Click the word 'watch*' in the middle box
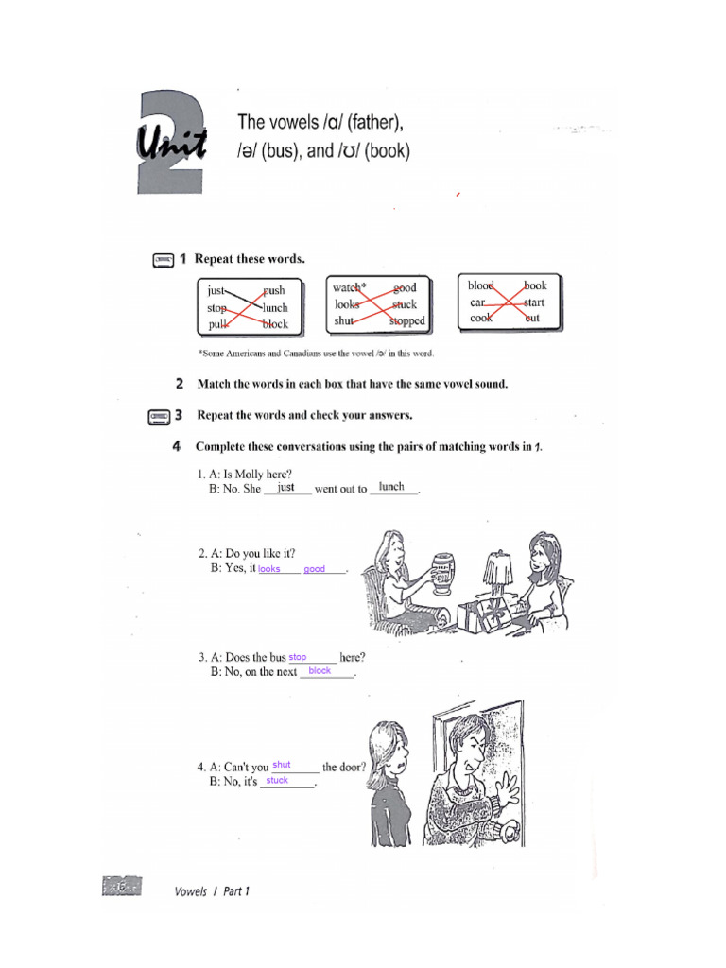click(x=349, y=287)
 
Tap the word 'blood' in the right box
click(x=481, y=285)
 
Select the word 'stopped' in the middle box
click(x=407, y=321)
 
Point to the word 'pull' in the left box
click(x=218, y=324)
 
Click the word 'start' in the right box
click(x=534, y=302)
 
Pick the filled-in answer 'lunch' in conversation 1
click(x=391, y=487)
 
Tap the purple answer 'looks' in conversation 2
click(x=269, y=569)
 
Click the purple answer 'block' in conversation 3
click(x=320, y=670)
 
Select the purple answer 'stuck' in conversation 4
click(x=277, y=781)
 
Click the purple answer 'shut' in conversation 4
click(x=282, y=765)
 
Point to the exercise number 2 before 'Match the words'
click(x=180, y=384)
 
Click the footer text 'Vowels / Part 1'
click(x=213, y=891)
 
